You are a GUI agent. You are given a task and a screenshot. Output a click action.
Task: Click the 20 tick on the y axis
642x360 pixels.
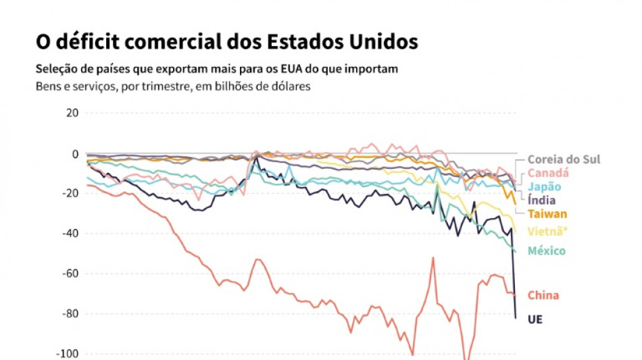pos(72,113)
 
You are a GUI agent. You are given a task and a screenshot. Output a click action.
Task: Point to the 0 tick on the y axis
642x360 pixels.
pos(76,153)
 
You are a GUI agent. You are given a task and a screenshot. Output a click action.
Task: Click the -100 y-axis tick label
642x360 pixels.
pos(68,353)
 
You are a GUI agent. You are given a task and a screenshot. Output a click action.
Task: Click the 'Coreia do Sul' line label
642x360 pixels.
pos(564,160)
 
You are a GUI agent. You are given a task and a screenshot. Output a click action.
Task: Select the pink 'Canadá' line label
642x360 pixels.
pos(548,173)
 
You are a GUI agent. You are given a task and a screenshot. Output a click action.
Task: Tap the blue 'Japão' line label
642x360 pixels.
pos(544,187)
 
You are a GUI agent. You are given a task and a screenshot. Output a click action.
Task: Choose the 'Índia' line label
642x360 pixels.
pos(542,201)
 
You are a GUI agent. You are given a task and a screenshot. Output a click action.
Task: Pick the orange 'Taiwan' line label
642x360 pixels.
pos(547,214)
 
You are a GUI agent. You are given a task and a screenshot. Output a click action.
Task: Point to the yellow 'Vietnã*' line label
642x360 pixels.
pos(548,232)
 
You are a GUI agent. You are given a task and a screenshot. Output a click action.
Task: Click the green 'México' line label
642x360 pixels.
pos(547,251)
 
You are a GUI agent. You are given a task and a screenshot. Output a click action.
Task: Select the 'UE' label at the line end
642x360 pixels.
pos(535,319)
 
